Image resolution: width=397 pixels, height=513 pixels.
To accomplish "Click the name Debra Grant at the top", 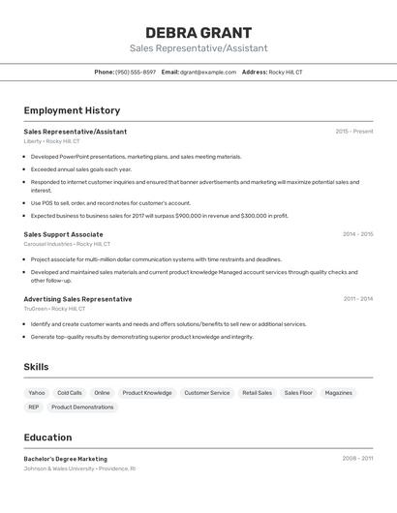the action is [198, 32].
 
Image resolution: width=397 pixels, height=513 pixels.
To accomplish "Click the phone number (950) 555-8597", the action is [135, 72].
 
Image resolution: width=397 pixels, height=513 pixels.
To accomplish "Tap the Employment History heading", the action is [72, 110].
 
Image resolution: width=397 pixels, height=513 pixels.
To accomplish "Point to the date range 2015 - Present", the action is [353, 132].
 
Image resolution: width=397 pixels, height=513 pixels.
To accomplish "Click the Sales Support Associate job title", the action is [63, 234].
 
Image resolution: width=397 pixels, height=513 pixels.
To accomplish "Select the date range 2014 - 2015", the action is [357, 234].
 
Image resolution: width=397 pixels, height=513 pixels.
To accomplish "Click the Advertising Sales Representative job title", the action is [77, 299].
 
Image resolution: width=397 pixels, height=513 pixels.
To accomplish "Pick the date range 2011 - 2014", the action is [357, 299].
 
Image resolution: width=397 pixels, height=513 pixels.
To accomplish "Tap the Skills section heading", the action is [36, 367].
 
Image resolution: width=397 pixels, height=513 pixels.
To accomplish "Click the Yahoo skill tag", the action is [37, 393].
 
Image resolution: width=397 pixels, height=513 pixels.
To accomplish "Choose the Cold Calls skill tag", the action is [70, 393].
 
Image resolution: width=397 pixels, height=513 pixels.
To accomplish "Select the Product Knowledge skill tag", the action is [147, 393].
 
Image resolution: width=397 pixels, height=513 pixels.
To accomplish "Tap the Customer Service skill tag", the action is [207, 393].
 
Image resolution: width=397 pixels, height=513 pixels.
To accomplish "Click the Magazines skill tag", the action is [339, 393].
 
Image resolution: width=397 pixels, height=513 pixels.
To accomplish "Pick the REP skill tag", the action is [34, 407].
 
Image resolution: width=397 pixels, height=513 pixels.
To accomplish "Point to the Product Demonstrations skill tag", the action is [82, 407].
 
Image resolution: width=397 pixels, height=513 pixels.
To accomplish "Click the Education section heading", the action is [47, 438].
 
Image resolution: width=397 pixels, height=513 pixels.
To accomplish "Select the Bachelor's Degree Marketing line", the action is [65, 459].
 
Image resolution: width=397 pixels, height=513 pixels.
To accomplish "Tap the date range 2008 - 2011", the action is [357, 459].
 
